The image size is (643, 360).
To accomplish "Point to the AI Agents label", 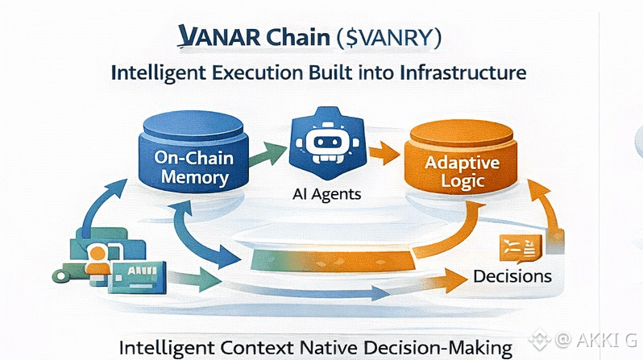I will (x=327, y=194).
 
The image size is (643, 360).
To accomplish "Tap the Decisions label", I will (x=512, y=275).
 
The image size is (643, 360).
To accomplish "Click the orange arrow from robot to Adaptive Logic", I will (x=382, y=150).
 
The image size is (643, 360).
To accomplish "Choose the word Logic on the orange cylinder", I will (x=462, y=181).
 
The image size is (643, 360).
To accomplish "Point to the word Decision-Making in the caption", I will (x=445, y=349).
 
